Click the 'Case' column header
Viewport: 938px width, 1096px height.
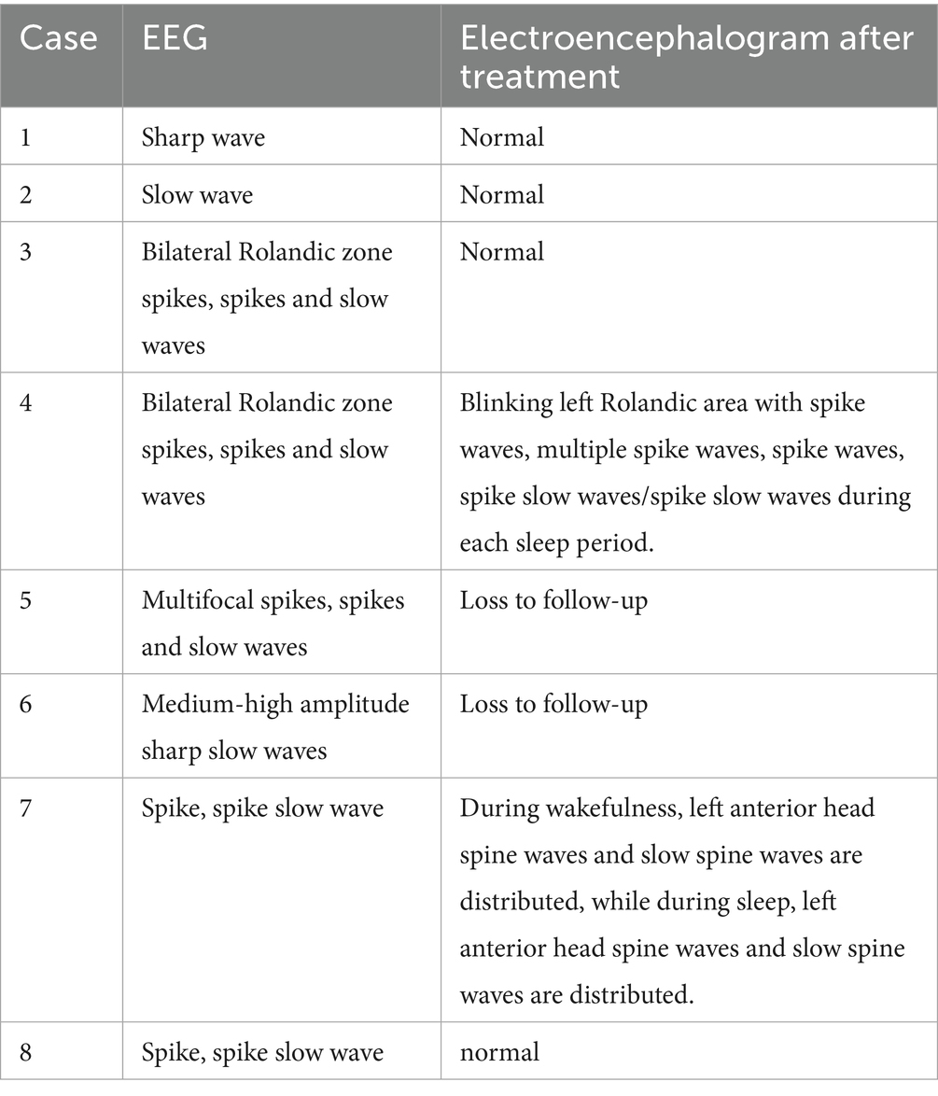pyautogui.click(x=58, y=39)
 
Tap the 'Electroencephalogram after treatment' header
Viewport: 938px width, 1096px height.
pyautogui.click(x=686, y=56)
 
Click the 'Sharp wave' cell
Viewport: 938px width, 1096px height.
pyautogui.click(x=203, y=138)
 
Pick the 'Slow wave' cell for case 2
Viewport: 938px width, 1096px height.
pyautogui.click(x=197, y=195)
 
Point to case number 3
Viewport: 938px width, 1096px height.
pyautogui.click(x=25, y=252)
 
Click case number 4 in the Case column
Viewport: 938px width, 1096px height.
pyautogui.click(x=25, y=403)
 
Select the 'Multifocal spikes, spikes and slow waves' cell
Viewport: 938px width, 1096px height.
pyautogui.click(x=273, y=623)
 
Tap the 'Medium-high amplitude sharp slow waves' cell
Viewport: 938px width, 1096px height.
pyautogui.click(x=274, y=726)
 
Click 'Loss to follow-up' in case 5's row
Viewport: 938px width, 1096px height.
pyautogui.click(x=553, y=600)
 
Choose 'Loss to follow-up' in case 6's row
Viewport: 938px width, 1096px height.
pyautogui.click(x=553, y=704)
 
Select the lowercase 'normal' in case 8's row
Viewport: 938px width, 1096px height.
pyautogui.click(x=499, y=1052)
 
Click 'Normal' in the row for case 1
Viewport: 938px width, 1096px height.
pyautogui.click(x=501, y=138)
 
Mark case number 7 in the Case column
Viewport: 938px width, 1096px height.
pyautogui.click(x=25, y=808)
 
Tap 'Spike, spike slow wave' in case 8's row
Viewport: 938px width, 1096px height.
pyautogui.click(x=261, y=1052)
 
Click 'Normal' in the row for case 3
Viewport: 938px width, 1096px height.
pyautogui.click(x=501, y=252)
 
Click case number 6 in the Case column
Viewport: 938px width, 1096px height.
pyautogui.click(x=25, y=704)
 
